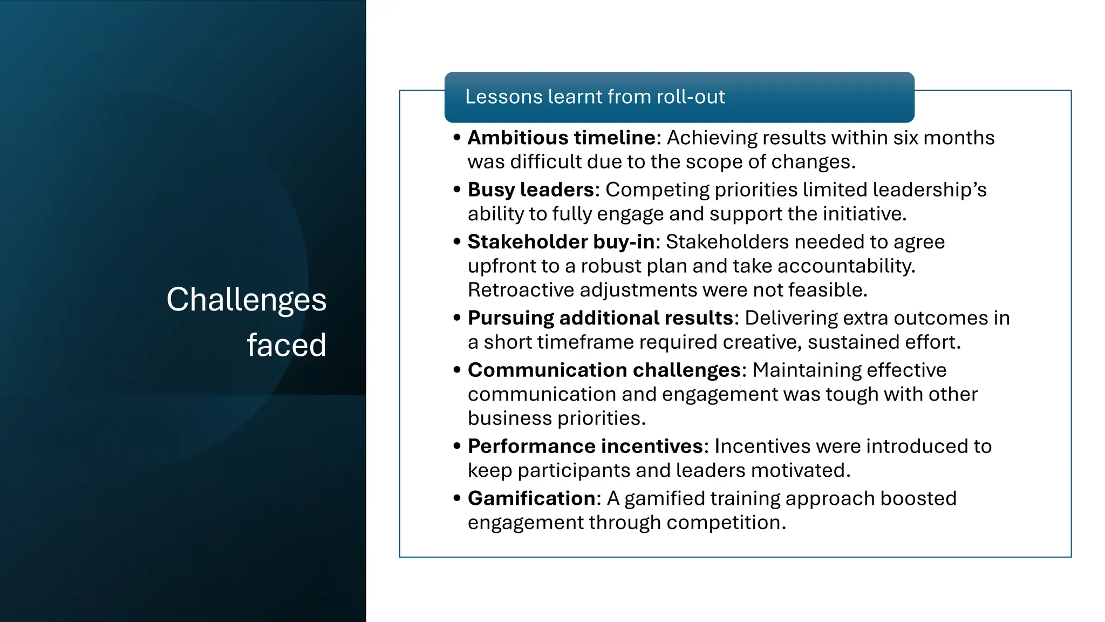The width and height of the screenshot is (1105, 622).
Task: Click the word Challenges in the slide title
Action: tap(246, 300)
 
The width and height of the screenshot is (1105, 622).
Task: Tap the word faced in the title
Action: tap(287, 345)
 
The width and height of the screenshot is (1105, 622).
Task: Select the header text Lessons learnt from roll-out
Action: tap(595, 97)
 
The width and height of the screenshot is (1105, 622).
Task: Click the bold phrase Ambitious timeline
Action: tap(561, 138)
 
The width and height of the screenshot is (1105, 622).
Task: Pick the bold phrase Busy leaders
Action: tap(531, 190)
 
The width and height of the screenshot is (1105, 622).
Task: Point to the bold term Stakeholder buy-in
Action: tap(561, 242)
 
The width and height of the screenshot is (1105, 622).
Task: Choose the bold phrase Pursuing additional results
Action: tap(601, 318)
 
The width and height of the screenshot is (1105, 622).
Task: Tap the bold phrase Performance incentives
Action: tap(585, 446)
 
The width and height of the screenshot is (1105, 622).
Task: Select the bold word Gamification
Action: tap(531, 498)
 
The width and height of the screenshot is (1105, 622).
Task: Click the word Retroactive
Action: tap(521, 290)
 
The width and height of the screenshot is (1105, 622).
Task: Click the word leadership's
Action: tap(929, 190)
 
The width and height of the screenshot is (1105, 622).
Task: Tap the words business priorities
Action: tap(556, 418)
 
